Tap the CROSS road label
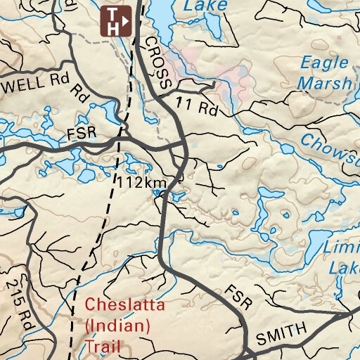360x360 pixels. pos(158,63)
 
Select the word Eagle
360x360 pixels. pos(324,62)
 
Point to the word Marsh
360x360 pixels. pos(324,84)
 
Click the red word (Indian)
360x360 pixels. pos(117,326)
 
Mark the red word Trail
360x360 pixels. pos(103,346)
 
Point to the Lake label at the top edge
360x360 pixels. pos(205,6)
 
